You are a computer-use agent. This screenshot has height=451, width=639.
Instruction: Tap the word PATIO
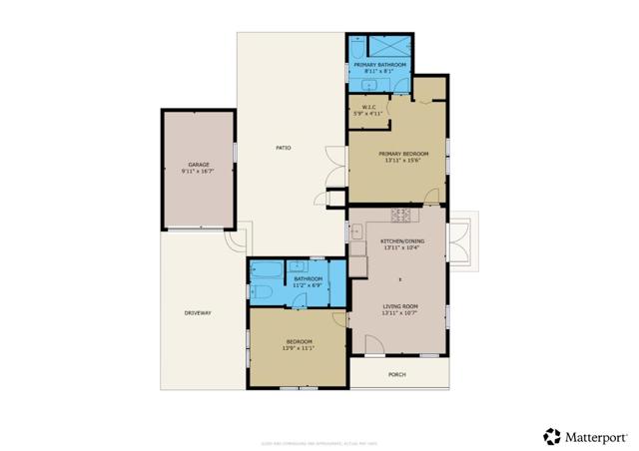[284, 149]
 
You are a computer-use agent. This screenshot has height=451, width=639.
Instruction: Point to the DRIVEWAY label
[197, 313]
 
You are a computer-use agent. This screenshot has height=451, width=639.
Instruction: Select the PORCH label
[397, 374]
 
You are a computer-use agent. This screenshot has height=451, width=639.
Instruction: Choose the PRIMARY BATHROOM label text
[379, 65]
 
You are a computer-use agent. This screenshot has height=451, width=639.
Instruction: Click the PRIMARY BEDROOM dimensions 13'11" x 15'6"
[396, 160]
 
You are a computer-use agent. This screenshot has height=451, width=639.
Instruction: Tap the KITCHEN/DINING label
[399, 241]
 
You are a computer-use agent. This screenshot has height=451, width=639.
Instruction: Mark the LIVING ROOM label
[398, 306]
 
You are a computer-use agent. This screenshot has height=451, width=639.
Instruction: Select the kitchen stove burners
[403, 214]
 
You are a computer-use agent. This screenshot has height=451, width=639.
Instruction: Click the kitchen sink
[356, 233]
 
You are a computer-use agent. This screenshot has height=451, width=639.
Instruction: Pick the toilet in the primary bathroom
[356, 46]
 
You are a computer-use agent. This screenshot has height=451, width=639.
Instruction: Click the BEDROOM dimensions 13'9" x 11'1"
[299, 348]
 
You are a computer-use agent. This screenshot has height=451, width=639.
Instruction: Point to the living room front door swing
[372, 345]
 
